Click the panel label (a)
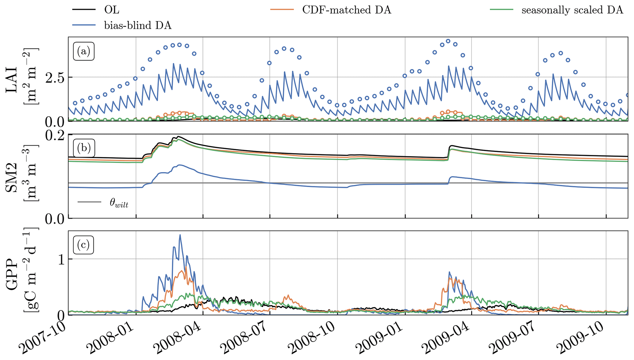(83, 52)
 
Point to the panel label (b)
(83, 148)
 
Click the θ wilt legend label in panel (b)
(119, 203)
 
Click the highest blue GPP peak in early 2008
(180, 235)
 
